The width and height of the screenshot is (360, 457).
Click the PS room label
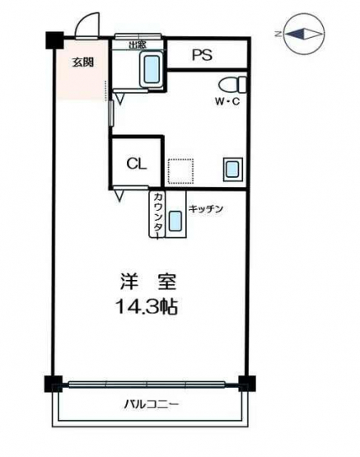202,54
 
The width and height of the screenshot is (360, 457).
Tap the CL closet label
137,165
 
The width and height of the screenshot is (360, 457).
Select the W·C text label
227,101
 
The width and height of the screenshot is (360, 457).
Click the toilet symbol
232,84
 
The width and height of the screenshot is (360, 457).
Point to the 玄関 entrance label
82,62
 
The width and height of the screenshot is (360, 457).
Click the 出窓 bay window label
138,44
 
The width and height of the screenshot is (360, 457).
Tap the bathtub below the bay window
152,70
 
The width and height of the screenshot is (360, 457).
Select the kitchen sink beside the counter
175,222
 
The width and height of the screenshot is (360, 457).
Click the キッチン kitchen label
206,208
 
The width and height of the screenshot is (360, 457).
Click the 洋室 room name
148,282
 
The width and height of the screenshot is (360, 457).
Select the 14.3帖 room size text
147,306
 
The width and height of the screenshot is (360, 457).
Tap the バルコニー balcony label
151,404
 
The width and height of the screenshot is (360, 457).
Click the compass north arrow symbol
305,34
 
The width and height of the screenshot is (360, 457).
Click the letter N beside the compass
278,34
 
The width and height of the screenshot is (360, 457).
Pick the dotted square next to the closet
180,171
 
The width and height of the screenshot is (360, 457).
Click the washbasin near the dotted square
233,170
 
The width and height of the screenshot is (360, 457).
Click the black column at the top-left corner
54,40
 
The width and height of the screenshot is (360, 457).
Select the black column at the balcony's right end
247,384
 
